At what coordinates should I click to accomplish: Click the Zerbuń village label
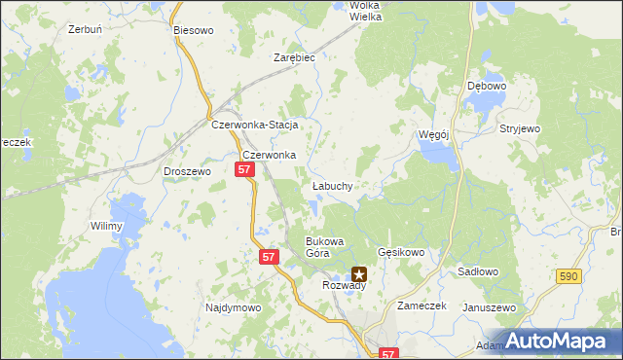point(86,29)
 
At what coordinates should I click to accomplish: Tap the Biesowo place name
point(193,30)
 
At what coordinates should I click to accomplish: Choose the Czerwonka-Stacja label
point(254,126)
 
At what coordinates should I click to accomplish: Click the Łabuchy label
point(332,185)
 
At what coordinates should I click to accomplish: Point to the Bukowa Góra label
point(325,246)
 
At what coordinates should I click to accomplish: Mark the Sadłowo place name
point(477,274)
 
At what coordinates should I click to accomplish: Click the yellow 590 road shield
point(569,277)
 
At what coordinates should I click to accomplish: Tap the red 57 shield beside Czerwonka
point(244,170)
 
